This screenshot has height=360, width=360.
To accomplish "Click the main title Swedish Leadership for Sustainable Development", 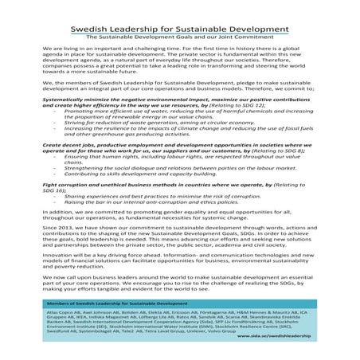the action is click(x=179, y=25).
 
